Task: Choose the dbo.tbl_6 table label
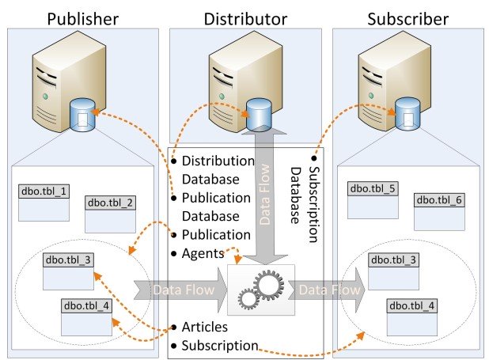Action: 439,200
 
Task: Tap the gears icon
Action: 260,290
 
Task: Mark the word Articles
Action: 205,327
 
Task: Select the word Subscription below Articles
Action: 219,345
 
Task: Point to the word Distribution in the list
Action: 218,161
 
